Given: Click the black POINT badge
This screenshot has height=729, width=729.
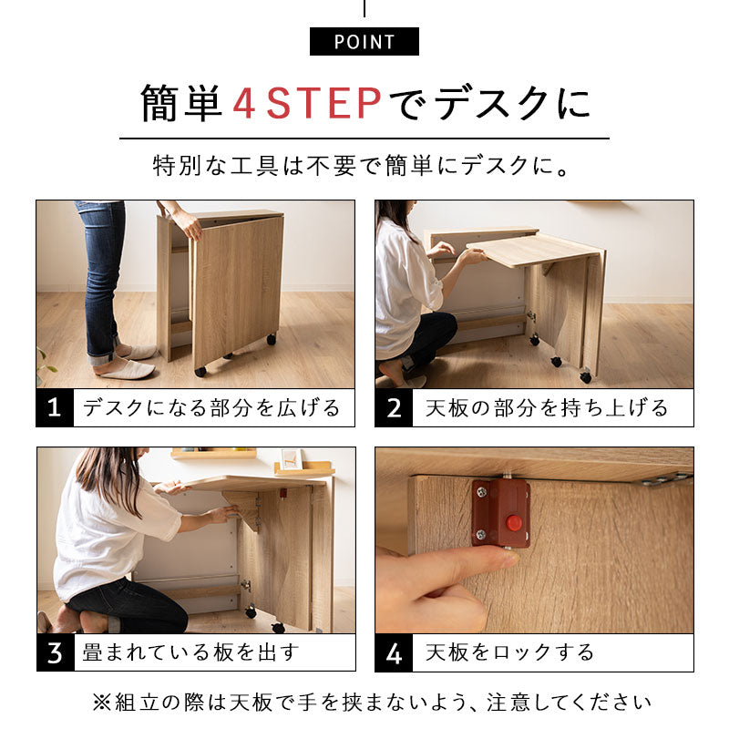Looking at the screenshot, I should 364,42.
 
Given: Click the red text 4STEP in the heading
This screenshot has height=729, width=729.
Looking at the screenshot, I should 307,104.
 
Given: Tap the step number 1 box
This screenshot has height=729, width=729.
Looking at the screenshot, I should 55,407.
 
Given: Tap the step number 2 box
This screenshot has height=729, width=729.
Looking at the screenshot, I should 394,407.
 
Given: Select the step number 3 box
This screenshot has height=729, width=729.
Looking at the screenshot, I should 55,652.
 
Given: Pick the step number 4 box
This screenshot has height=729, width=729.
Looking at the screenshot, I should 394,652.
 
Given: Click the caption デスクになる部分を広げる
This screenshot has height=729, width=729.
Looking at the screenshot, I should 211,407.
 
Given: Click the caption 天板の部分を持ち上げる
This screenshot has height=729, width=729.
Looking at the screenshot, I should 547,407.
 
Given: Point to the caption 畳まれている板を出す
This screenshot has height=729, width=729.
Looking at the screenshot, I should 190,652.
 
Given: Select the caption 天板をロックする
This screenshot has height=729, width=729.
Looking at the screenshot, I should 509,652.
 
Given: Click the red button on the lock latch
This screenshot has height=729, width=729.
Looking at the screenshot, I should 514,524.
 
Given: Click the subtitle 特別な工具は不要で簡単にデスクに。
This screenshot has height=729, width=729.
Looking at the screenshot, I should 364,168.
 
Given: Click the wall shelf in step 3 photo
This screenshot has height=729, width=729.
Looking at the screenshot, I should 214,453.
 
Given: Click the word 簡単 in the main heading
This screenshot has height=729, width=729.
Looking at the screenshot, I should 181,104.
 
